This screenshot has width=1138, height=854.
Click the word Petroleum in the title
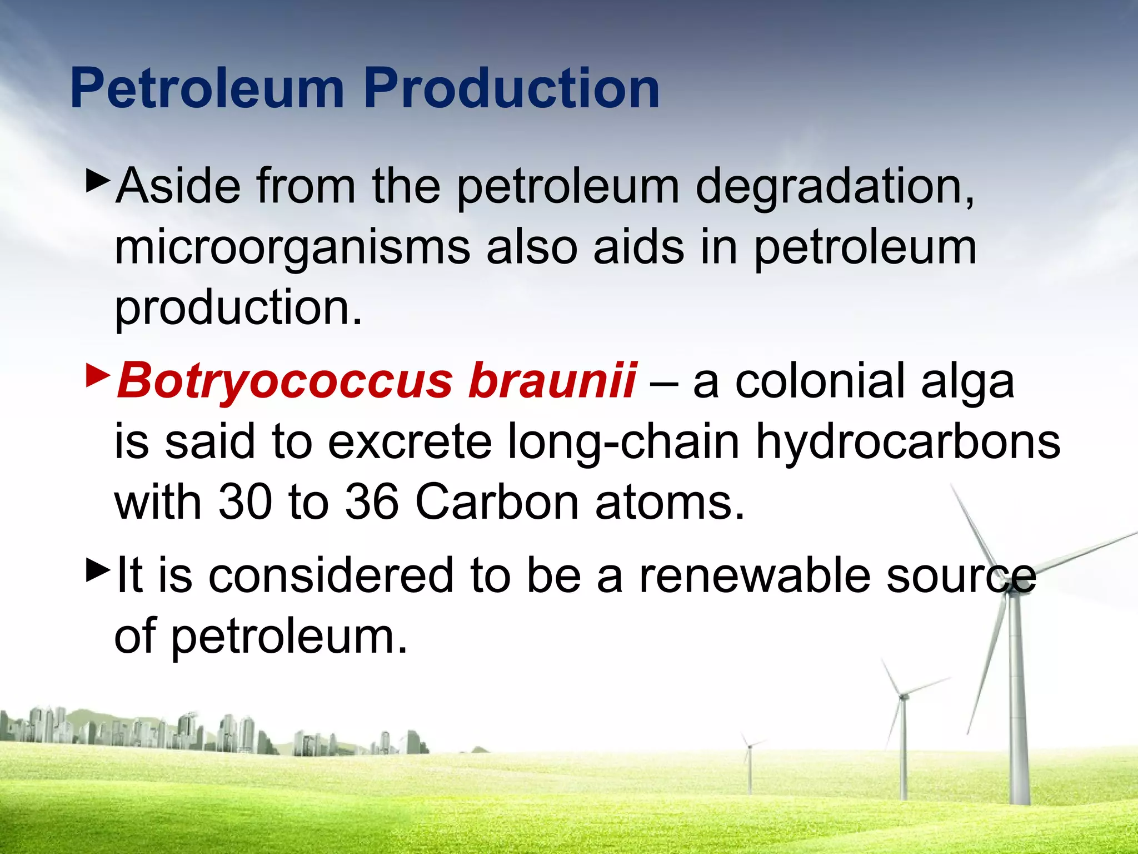tap(207, 89)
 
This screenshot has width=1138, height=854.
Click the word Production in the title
tap(512, 89)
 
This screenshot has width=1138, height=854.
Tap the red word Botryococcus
tap(284, 381)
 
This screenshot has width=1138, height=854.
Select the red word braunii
tap(552, 381)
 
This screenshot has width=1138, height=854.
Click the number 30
tap(244, 502)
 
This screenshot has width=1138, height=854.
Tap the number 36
tap(372, 502)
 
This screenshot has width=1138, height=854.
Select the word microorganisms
tap(292, 247)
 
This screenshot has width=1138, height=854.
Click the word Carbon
tap(497, 502)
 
